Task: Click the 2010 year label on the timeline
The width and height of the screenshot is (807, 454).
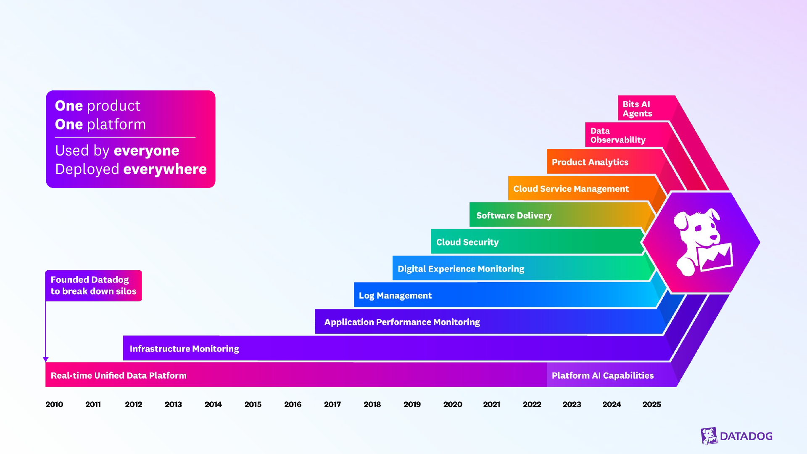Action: [x=54, y=404]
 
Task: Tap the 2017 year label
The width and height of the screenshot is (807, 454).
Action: [x=332, y=404]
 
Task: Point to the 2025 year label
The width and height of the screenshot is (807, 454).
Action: [x=651, y=404]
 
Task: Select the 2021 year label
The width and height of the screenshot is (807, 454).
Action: [x=491, y=404]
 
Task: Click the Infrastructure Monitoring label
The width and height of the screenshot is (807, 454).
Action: [x=184, y=349]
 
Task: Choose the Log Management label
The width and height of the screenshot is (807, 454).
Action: [x=395, y=296]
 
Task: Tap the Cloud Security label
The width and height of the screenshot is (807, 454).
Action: [x=467, y=242]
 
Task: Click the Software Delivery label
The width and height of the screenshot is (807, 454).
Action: [x=514, y=216]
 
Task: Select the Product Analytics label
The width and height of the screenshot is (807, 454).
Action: [x=590, y=162]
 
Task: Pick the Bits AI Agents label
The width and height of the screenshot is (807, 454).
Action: [x=637, y=109]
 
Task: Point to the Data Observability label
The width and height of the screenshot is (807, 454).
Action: [x=617, y=135]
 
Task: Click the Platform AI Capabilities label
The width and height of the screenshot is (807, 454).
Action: [x=602, y=375]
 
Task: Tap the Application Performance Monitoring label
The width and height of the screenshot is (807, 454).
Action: [x=402, y=322]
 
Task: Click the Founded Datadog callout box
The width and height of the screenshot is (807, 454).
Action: [x=93, y=285]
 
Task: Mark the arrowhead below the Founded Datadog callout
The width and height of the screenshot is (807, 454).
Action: [x=46, y=359]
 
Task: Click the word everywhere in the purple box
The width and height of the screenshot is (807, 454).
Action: [x=165, y=169]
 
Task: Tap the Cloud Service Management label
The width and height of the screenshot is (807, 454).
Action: [x=571, y=189]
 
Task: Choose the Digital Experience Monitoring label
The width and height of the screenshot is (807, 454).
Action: [x=461, y=269]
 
